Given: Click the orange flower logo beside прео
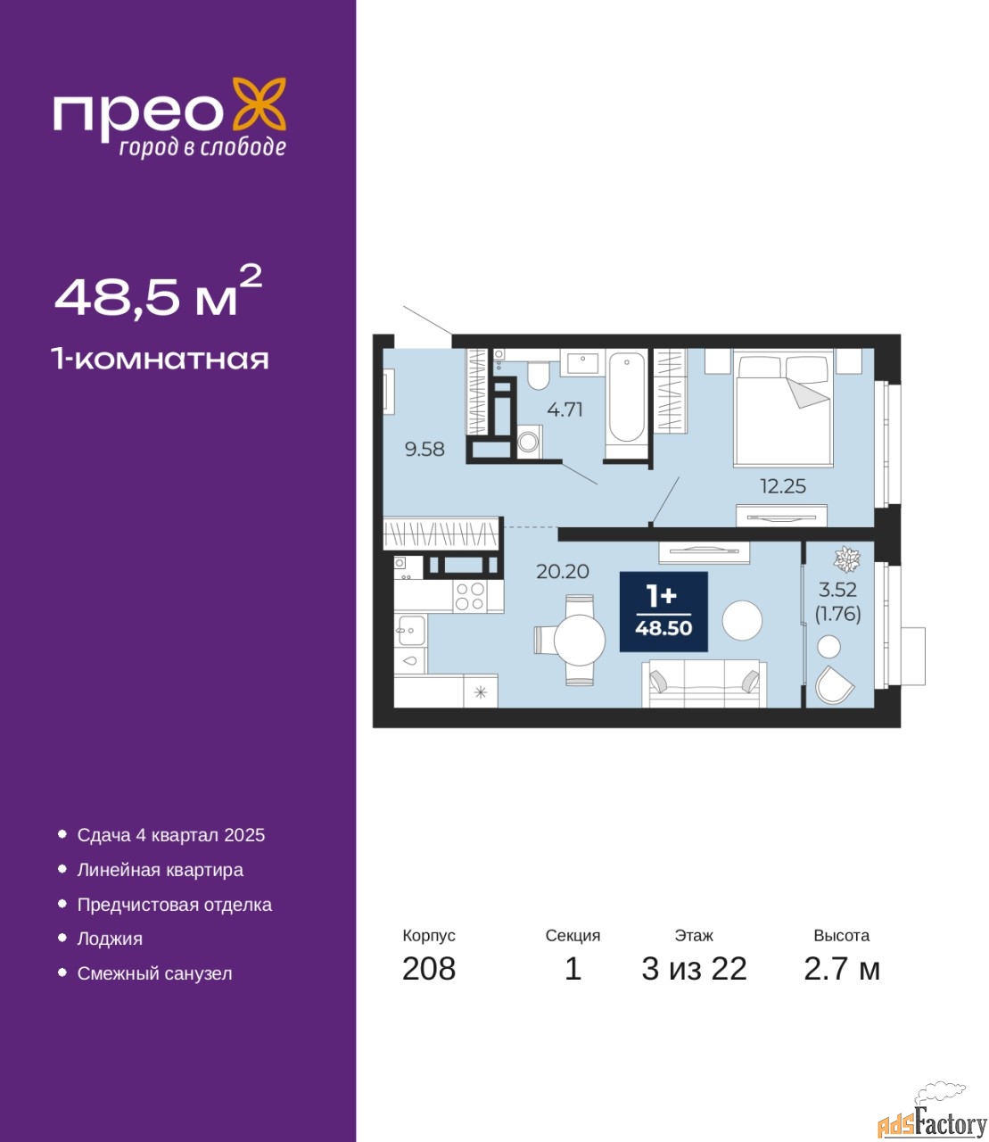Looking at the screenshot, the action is coord(259,105).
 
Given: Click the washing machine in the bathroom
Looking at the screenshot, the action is coord(530,442).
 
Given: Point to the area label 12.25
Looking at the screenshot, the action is coord(782,486).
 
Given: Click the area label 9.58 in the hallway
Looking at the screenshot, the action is coord(424,449).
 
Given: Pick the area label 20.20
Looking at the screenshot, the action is coord(562,571).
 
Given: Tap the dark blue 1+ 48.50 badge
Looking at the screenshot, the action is coord(663,612).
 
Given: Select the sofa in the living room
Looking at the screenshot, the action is coord(704,683).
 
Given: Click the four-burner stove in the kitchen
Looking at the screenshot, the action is coord(470,596).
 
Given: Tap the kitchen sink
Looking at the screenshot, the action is coord(411,631).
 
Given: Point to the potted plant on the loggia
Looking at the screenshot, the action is coord(846,559).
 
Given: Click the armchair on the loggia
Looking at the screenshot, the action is coord(834,685).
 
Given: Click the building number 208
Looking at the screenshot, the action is coord(429,969).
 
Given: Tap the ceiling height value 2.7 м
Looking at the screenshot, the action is coord(842,969).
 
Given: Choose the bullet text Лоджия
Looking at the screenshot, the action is coord(110,938).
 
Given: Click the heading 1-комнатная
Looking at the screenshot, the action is coord(161,360).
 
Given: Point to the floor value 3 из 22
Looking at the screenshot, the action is coord(694,969).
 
